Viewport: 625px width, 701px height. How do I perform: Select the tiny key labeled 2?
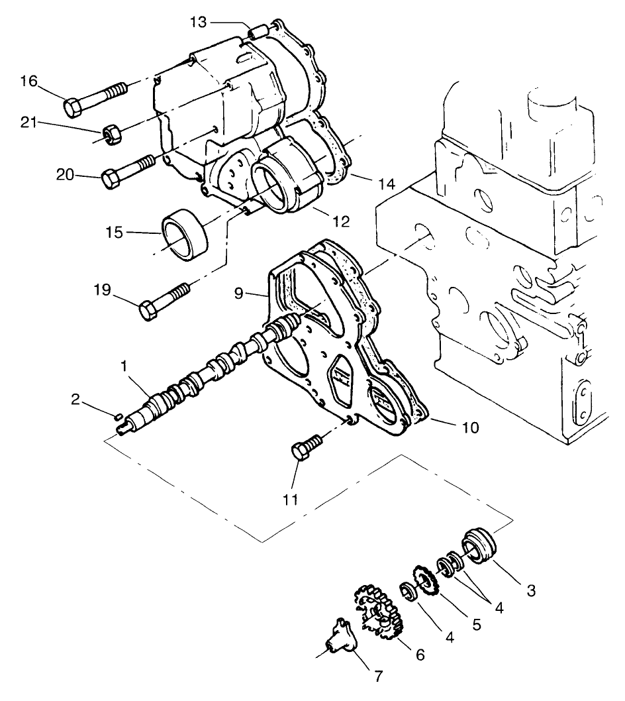tap(117, 416)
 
